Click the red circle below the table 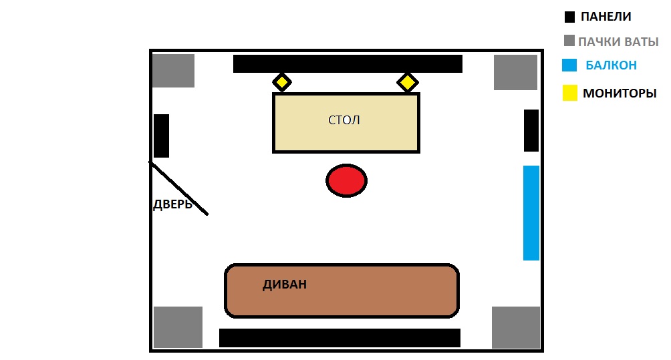tap(346, 181)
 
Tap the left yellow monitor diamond tap(282, 82)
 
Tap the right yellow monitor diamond tap(407, 82)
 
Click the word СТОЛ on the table tap(344, 120)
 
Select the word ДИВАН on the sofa tap(285, 285)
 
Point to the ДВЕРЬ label tap(172, 204)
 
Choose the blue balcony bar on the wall tap(531, 212)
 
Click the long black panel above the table tap(348, 64)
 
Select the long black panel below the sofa tap(340, 337)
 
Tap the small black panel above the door tap(161, 136)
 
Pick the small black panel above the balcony tap(531, 130)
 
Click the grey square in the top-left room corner tap(173, 71)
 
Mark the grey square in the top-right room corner tap(515, 72)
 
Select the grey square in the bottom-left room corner tap(178, 327)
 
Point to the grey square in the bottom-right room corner tap(515, 327)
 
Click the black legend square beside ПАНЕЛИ tap(569, 17)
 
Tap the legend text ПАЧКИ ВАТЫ tap(618, 41)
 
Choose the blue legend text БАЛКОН tap(611, 65)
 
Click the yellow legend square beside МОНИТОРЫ tap(569, 94)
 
